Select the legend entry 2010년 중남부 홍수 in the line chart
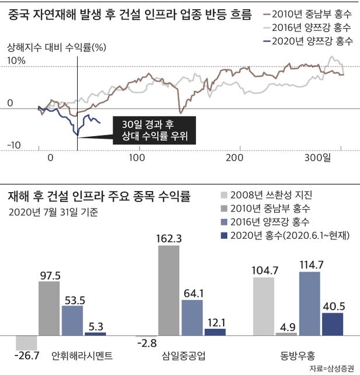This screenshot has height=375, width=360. point(312,14)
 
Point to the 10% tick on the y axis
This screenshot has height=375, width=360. point(16,60)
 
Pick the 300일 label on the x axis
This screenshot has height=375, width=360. point(318,158)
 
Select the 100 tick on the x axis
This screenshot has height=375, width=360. point(139,158)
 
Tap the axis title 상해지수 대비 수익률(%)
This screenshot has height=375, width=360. point(56,47)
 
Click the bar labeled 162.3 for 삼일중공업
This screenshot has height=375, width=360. point(169,290)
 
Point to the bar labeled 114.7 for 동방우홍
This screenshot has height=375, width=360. point(310,304)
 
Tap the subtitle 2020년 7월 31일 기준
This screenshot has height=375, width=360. point(53,211)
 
